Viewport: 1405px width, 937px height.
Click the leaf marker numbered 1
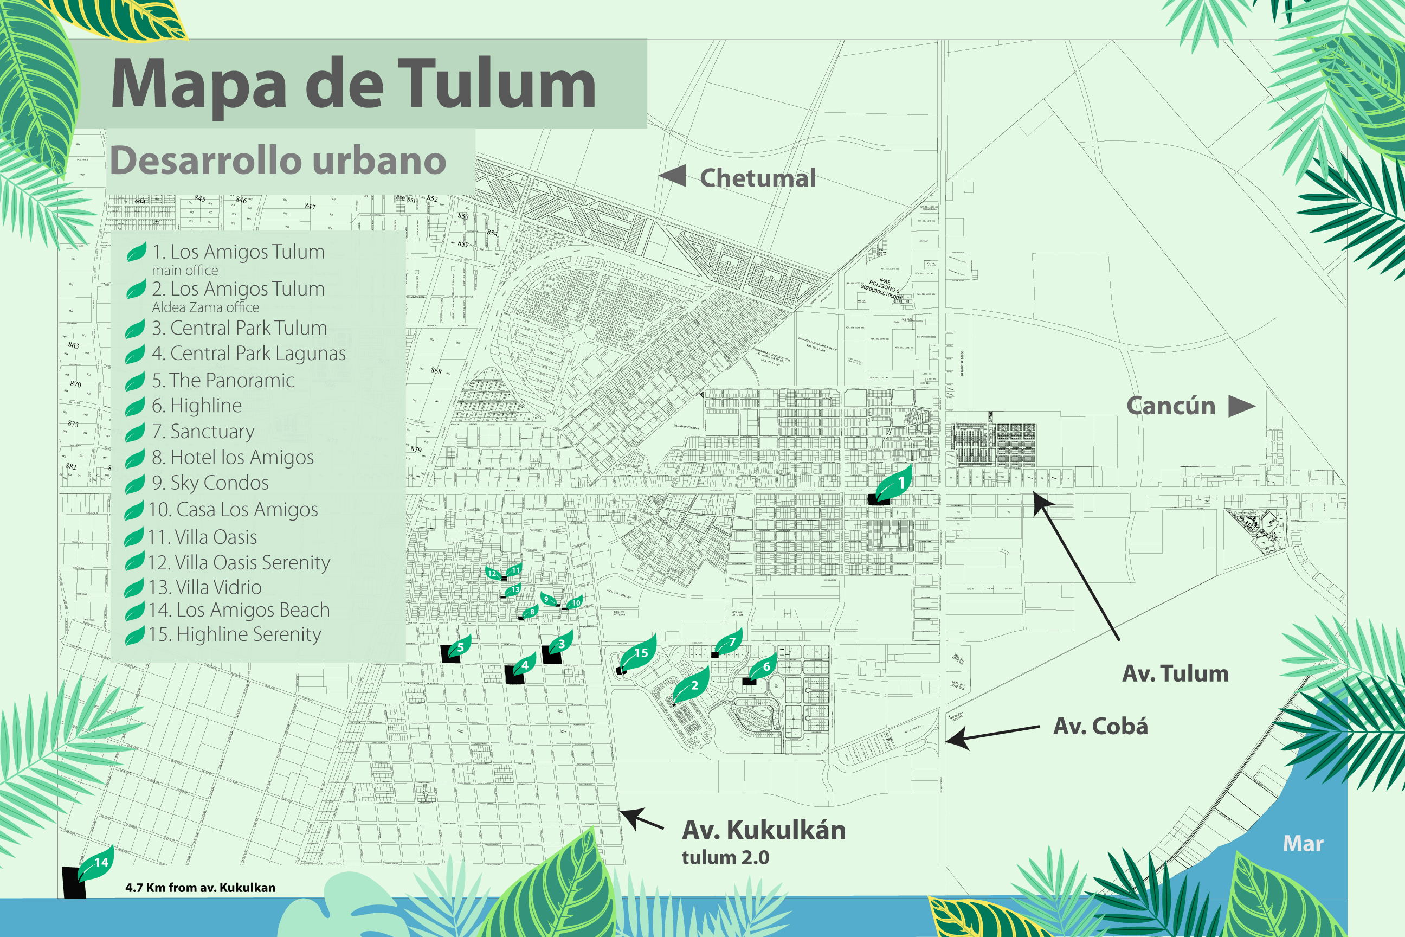(x=894, y=484)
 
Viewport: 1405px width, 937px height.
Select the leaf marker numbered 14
(x=97, y=862)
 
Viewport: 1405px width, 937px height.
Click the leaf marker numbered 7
(x=730, y=643)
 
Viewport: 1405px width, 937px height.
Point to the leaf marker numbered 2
(x=692, y=685)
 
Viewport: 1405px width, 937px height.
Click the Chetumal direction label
(x=757, y=178)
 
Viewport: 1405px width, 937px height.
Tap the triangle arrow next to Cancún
(x=1241, y=406)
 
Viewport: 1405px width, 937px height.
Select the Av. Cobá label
(x=1100, y=726)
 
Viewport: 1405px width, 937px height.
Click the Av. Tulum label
(x=1175, y=673)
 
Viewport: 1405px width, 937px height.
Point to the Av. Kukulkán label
(x=763, y=830)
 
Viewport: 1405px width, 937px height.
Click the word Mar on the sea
(x=1303, y=844)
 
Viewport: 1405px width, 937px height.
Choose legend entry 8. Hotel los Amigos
(x=233, y=457)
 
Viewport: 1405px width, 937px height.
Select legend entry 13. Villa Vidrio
(x=205, y=587)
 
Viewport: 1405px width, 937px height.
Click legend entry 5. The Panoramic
(x=223, y=380)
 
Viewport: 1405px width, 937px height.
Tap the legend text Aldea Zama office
(x=205, y=307)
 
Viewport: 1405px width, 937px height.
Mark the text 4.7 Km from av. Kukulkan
(x=200, y=888)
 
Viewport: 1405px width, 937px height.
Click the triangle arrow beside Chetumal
(x=674, y=176)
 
